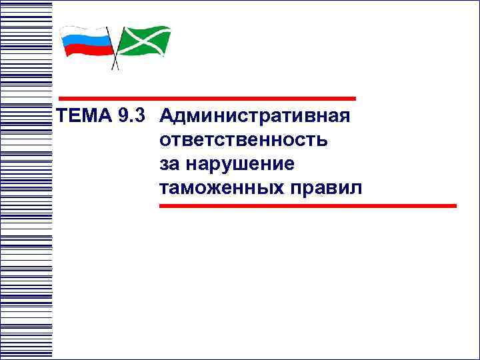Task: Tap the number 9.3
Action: (x=131, y=116)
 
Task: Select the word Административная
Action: (x=255, y=117)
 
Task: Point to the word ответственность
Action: (x=243, y=141)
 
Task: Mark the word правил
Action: (x=326, y=189)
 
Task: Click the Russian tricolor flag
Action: (x=85, y=42)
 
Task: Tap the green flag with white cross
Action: (x=145, y=41)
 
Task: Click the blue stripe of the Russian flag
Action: (x=85, y=42)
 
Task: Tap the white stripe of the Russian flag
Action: (x=85, y=33)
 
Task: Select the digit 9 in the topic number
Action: (x=122, y=116)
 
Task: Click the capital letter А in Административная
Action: (x=168, y=117)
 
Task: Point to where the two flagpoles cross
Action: (x=116, y=57)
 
